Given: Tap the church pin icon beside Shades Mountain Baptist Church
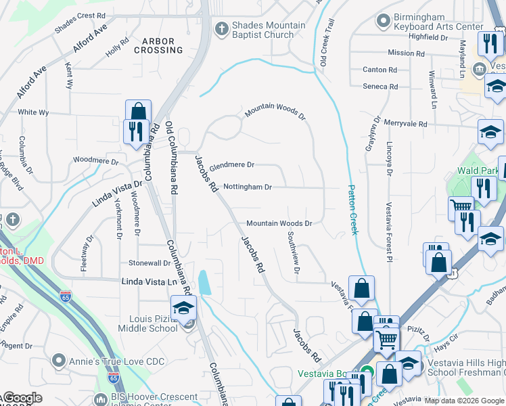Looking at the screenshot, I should point(220,28).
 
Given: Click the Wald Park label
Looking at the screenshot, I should point(477,171).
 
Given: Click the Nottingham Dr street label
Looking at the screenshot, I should point(247,187).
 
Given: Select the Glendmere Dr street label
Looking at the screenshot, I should point(231,165).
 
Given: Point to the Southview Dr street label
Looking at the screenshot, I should point(293,253).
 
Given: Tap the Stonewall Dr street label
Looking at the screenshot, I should point(149,263).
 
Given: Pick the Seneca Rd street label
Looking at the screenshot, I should point(380,87).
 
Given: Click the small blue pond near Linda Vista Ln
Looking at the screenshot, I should point(204,282).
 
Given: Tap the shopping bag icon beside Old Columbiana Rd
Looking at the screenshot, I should point(138,112).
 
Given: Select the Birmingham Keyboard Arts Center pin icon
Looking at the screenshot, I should point(384,18).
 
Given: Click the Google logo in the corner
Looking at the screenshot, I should point(22,399).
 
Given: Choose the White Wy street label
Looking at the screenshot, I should point(33,112).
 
